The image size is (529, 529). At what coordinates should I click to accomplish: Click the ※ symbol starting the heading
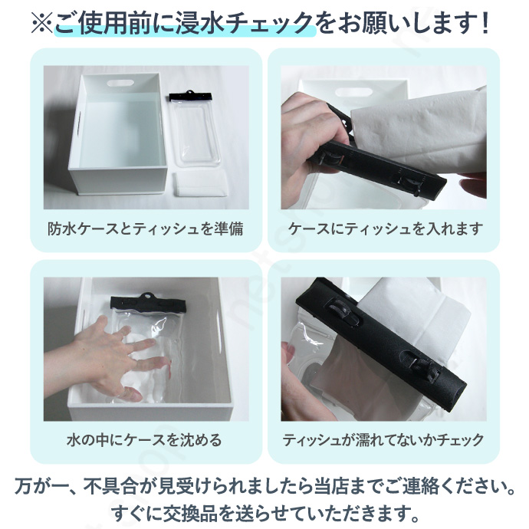(x=42, y=23)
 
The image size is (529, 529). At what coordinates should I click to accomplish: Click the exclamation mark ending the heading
(x=485, y=23)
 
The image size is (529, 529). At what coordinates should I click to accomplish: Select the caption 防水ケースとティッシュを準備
(x=146, y=228)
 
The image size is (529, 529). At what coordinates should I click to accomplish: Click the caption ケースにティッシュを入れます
(x=386, y=228)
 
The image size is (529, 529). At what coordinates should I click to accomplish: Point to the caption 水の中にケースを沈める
(x=144, y=440)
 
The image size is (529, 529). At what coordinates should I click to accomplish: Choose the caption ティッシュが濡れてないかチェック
(x=383, y=440)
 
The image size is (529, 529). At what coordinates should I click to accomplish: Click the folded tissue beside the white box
(x=201, y=184)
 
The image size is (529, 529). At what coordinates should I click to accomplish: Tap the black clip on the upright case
(x=191, y=96)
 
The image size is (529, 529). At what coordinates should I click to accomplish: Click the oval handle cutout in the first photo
(x=120, y=83)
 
